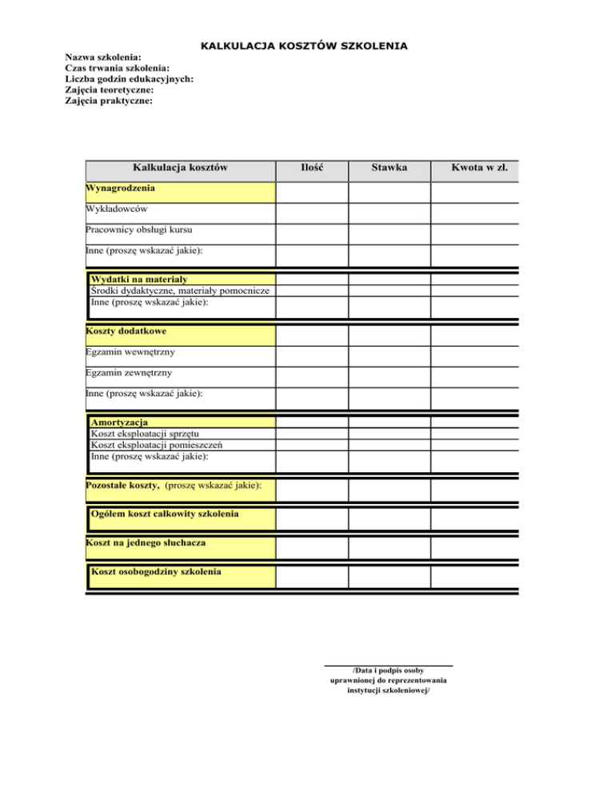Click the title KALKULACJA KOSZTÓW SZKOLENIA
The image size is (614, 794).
pyautogui.click(x=304, y=46)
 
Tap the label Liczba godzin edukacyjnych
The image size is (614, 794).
pyautogui.click(x=129, y=79)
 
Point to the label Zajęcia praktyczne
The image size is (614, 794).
pyautogui.click(x=110, y=101)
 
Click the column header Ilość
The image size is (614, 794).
pyautogui.click(x=312, y=168)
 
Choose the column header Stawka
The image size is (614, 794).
pyautogui.click(x=389, y=168)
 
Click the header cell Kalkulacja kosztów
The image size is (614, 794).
pyautogui.click(x=181, y=168)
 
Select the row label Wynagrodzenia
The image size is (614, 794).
pyautogui.click(x=120, y=189)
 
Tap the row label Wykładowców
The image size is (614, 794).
pyautogui.click(x=118, y=209)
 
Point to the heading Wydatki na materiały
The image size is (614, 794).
pyautogui.click(x=139, y=280)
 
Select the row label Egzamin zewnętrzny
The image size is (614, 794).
pyautogui.click(x=130, y=372)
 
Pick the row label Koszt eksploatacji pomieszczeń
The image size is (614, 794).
pyautogui.click(x=157, y=445)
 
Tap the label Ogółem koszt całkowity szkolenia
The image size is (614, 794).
pyautogui.click(x=165, y=512)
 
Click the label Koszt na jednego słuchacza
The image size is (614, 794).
pyautogui.click(x=134, y=543)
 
